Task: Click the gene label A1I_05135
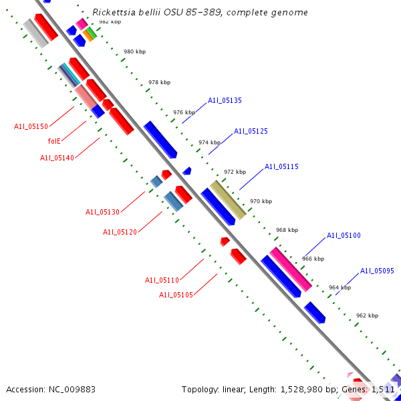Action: click(225, 101)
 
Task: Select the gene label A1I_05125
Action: click(251, 132)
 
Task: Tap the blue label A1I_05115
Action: click(281, 167)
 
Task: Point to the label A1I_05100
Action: click(344, 236)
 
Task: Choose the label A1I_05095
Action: click(377, 271)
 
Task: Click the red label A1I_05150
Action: click(31, 126)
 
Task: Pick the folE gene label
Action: click(54, 141)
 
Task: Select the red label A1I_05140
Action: click(57, 158)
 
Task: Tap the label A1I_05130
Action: click(102, 213)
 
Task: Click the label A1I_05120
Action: click(120, 232)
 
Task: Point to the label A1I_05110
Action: click(162, 280)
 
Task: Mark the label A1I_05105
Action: click(176, 295)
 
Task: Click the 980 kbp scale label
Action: click(134, 51)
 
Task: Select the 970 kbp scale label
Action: click(261, 201)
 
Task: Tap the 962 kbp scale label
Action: click(367, 315)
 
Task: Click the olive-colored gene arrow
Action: click(228, 200)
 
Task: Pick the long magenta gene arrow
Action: click(291, 269)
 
